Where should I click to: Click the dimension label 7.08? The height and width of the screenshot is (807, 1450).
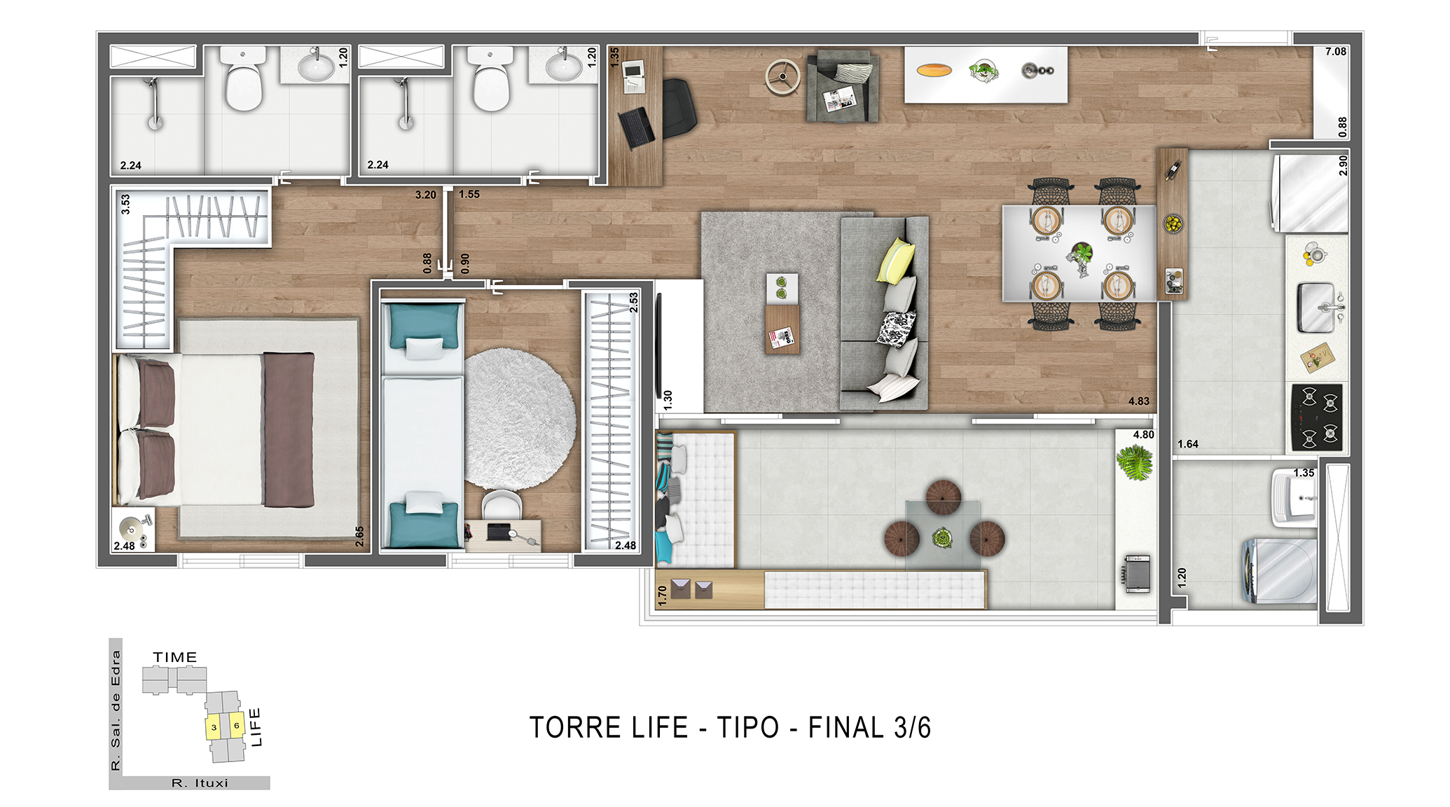click(x=1335, y=51)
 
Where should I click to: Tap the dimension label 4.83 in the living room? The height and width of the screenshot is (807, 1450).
click(x=1138, y=401)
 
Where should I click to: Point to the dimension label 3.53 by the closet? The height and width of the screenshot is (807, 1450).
click(x=126, y=204)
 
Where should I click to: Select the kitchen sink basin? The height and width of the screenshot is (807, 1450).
click(x=1316, y=307)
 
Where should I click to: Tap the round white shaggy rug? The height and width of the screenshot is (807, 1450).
click(x=519, y=419)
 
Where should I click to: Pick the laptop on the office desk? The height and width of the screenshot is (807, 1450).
click(x=637, y=127)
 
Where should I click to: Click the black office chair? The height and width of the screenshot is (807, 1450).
click(x=677, y=108)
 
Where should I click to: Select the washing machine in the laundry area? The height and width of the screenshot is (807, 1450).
click(x=1279, y=570)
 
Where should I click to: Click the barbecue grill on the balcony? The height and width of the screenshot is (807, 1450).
click(x=1137, y=574)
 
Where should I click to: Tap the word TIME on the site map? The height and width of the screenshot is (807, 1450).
click(x=175, y=657)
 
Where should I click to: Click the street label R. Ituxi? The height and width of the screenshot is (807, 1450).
click(x=200, y=783)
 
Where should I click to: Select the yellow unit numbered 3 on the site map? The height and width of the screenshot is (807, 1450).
click(x=213, y=727)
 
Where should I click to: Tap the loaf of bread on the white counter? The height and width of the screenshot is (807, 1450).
click(x=934, y=69)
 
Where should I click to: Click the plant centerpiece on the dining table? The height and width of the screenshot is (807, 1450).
click(x=1080, y=258)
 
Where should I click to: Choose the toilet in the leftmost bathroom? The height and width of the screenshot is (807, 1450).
click(x=242, y=78)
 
